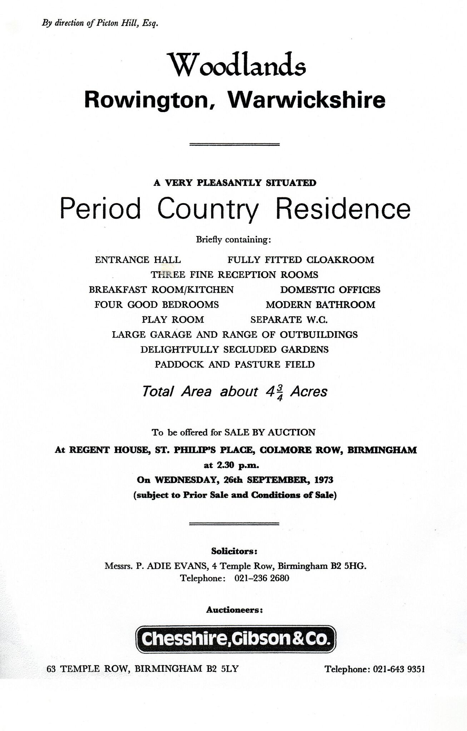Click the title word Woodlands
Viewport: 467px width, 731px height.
coord(238,65)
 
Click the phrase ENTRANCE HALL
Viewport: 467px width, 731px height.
coord(138,260)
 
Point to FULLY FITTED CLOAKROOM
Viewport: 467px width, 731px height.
coord(300,260)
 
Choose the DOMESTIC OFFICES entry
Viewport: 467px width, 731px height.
coord(330,290)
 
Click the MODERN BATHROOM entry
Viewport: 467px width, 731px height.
coord(320,305)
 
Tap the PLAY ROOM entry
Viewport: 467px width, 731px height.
coord(173,320)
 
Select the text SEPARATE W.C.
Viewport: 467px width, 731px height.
coord(289,320)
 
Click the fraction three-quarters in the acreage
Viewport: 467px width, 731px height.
coord(280,393)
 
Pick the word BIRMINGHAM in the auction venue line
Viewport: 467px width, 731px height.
coord(382,450)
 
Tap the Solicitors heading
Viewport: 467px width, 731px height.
coord(234,551)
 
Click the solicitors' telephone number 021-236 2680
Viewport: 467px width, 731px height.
coord(262,578)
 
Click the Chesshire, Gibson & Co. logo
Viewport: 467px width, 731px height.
coord(235,639)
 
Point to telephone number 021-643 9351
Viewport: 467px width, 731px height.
coord(399,669)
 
